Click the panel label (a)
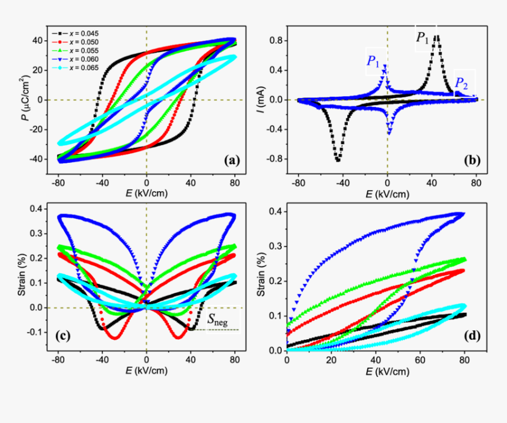[x=229, y=159]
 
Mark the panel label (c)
[x=64, y=337]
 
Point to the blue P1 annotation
[x=374, y=60]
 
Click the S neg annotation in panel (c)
[x=218, y=319]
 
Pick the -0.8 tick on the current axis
[x=276, y=159]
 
